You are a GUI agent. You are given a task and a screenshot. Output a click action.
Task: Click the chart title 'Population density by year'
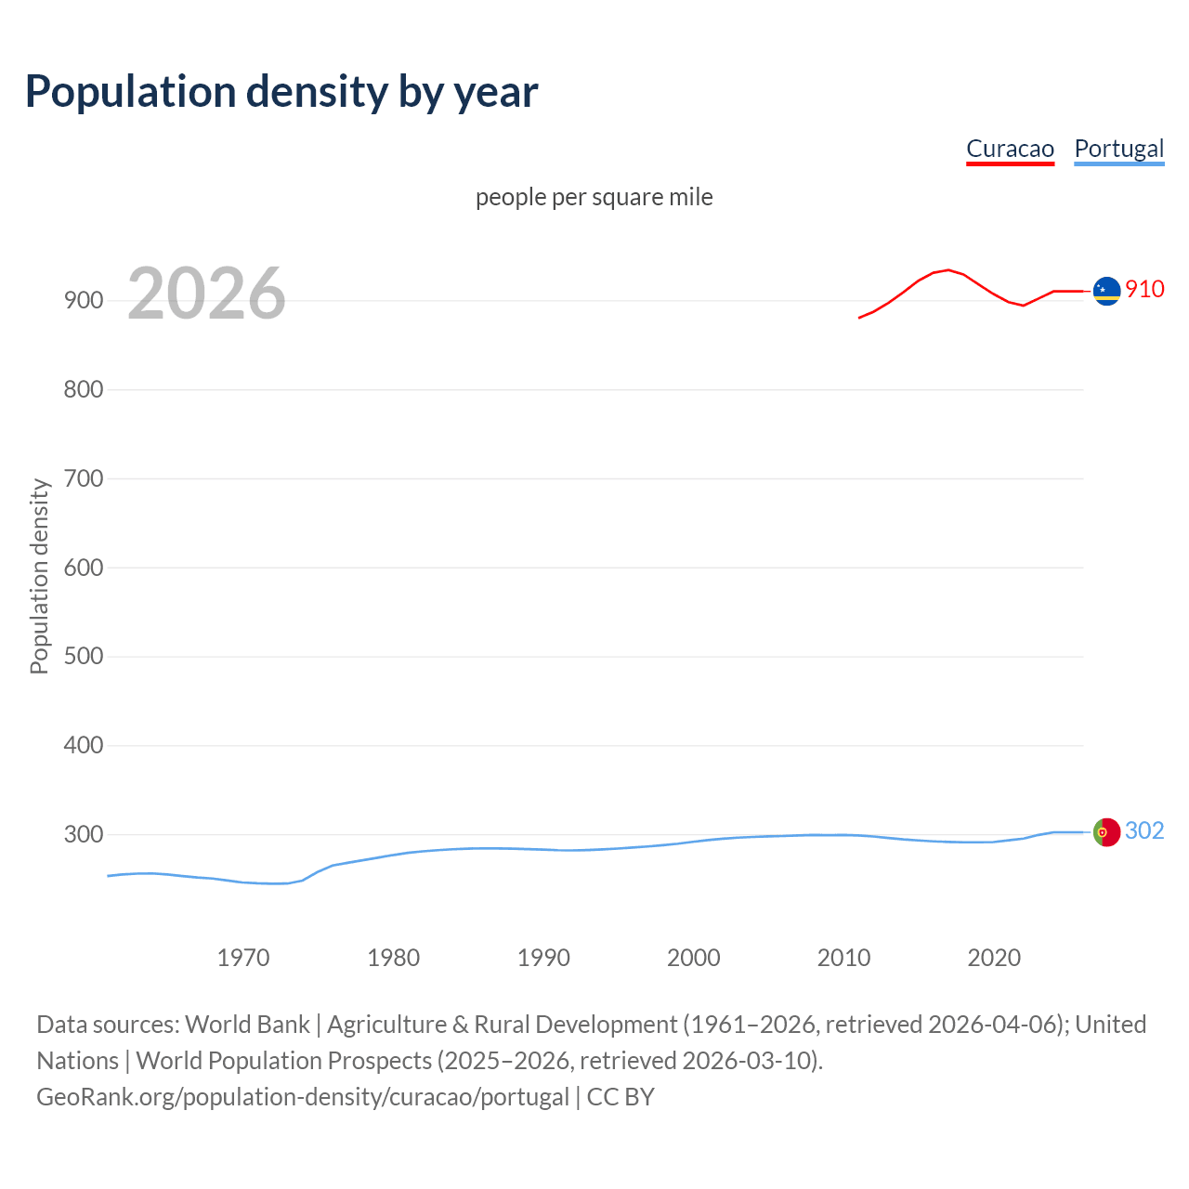point(281,92)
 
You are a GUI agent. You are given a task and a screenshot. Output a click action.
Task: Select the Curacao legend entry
point(1010,149)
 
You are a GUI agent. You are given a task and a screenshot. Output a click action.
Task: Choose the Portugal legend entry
point(1118,149)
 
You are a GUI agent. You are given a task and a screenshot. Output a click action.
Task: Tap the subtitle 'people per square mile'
point(594,197)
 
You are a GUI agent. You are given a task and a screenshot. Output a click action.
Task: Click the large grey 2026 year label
point(206,294)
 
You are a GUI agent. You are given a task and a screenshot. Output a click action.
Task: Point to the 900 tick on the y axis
point(83,300)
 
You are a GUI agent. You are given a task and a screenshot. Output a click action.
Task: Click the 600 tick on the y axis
point(83,568)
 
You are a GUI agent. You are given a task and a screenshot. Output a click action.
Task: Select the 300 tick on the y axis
point(83,834)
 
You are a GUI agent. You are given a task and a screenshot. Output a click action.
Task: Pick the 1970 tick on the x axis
point(243,957)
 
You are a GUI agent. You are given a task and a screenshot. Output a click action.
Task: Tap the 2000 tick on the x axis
point(693,957)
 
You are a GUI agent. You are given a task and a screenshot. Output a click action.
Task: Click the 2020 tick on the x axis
point(994,957)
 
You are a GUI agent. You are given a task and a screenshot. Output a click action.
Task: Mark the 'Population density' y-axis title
point(39,576)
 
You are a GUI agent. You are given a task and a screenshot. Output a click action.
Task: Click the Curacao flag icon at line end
point(1106,291)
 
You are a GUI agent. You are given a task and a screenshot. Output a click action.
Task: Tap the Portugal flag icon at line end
point(1106,832)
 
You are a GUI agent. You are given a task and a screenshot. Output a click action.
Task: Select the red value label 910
point(1144,289)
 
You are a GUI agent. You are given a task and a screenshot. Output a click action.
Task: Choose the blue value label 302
point(1144,830)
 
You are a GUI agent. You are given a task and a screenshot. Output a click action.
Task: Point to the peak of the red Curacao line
point(947,269)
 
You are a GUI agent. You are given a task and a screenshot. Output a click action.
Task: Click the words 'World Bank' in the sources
point(247,1024)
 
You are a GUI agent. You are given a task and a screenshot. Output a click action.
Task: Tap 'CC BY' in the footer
point(621,1096)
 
